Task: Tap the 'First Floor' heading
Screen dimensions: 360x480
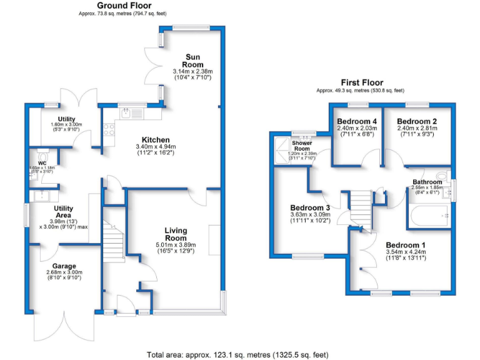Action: (362, 82)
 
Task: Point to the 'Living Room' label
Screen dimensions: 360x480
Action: (176, 234)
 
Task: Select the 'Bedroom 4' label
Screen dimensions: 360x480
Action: (357, 121)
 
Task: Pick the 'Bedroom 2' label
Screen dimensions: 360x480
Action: (416, 121)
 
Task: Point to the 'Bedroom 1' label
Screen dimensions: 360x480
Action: (405, 244)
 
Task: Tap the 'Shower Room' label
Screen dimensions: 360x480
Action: (302, 146)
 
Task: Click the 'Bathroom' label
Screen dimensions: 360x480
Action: (427, 182)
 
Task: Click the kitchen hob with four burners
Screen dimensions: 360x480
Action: (108, 130)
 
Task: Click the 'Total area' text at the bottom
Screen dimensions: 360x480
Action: (237, 354)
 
